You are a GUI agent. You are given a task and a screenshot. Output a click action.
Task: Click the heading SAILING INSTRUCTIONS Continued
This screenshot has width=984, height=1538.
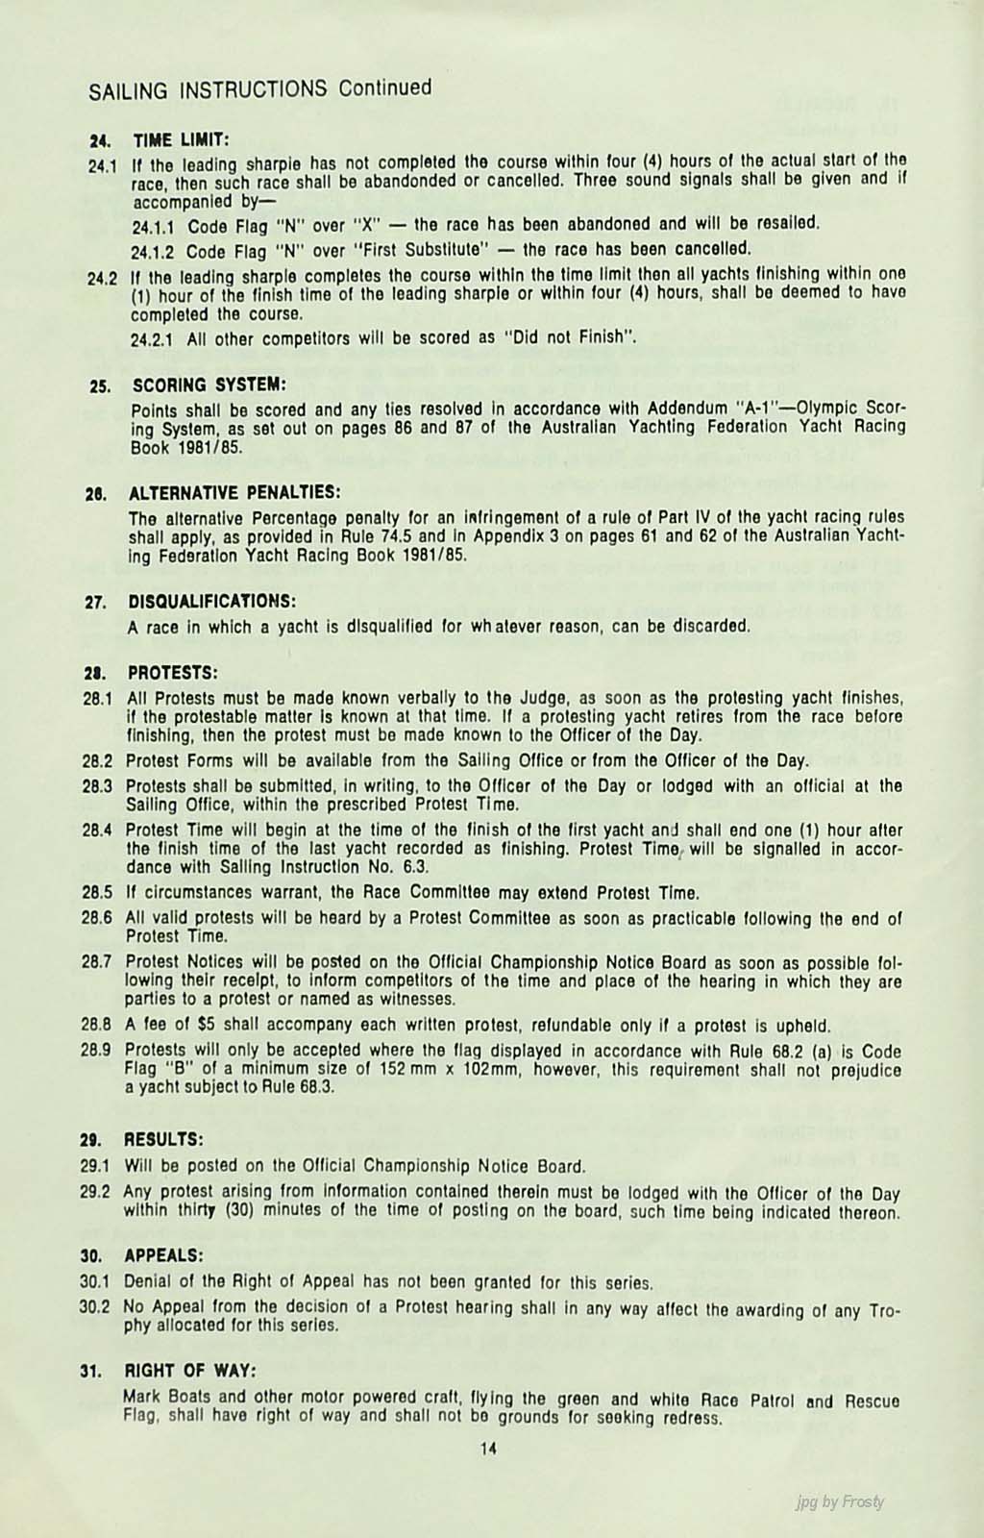click(x=259, y=89)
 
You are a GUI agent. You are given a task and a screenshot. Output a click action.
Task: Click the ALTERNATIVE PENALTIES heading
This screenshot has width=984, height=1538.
click(x=234, y=492)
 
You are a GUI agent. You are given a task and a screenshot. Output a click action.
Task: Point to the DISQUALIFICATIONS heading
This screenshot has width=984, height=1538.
click(x=210, y=601)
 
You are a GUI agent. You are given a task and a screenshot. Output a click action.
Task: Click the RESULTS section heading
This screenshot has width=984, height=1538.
click(x=164, y=1139)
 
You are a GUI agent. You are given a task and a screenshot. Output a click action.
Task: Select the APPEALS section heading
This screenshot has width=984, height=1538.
click(x=163, y=1255)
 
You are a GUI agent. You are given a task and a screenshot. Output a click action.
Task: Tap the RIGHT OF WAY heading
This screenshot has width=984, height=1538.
click(x=191, y=1370)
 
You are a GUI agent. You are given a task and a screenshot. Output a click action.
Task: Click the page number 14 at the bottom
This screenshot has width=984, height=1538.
click(x=488, y=1451)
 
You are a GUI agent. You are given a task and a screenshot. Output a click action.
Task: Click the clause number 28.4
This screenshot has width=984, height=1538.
click(x=100, y=829)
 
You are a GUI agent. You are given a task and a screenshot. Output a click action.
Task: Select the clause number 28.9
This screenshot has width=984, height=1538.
click(x=100, y=1051)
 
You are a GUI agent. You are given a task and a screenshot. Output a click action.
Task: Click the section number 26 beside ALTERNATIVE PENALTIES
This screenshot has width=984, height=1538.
click(x=97, y=493)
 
